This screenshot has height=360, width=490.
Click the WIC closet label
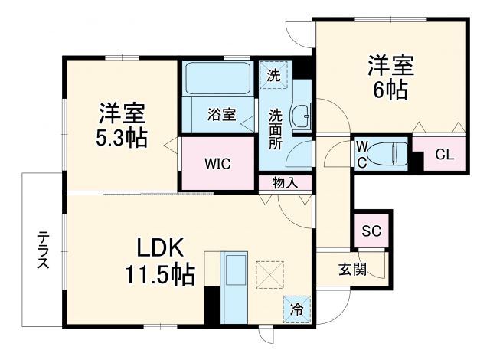coord(217,164)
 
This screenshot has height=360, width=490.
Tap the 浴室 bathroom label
coord(221,117)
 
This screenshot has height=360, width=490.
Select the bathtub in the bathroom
coord(217,79)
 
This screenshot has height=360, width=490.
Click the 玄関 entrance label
coord(353,270)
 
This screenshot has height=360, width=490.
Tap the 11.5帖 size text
coord(161,273)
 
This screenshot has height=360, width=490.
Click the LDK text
coord(161,247)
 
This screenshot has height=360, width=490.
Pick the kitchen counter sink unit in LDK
coord(234,284)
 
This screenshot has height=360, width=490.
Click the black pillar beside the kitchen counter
coord(212,306)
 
